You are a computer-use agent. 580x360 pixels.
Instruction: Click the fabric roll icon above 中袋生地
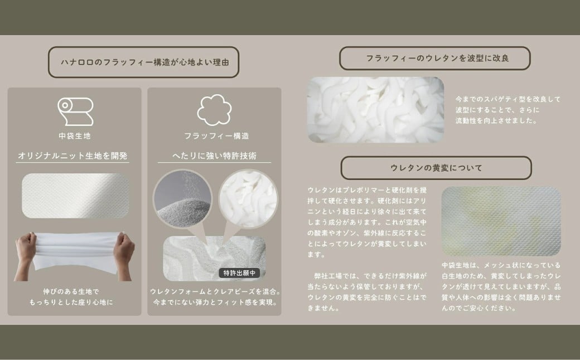[x=75, y=111]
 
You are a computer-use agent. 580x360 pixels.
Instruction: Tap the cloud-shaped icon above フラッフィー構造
[x=215, y=110]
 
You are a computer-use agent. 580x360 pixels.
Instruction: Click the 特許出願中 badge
[x=239, y=273]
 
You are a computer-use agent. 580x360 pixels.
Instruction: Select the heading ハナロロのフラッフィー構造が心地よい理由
[x=144, y=62]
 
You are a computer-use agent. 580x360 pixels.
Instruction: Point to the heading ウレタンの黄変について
[x=437, y=168]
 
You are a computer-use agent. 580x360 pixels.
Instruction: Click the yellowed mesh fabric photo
[x=501, y=221]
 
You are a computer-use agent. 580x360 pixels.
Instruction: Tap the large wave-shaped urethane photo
[x=375, y=110]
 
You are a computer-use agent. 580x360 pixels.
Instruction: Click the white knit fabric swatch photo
[x=75, y=196]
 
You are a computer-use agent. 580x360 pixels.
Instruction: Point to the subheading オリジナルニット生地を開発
[x=72, y=155]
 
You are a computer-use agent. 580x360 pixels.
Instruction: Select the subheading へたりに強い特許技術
[x=215, y=155]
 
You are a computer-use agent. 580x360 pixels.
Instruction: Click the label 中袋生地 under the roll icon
[x=75, y=136]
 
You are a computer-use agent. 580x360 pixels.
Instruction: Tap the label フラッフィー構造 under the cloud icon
[x=217, y=136]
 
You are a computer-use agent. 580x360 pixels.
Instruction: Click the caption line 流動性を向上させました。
[x=496, y=120]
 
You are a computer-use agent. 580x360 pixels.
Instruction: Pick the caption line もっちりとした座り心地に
[x=71, y=303]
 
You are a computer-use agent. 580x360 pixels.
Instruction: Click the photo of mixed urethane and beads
[x=215, y=259]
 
